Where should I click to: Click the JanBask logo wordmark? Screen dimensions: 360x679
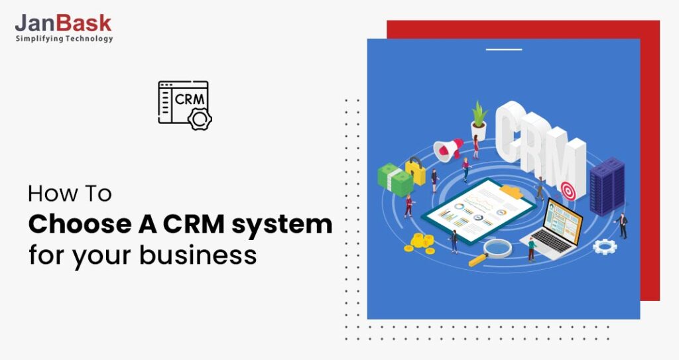coord(64,23)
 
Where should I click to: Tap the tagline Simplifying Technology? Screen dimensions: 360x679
coord(64,39)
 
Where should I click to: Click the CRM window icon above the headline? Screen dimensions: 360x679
coord(184,103)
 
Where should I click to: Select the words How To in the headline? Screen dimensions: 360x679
coord(70,194)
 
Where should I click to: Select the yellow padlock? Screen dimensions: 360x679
coord(416,171)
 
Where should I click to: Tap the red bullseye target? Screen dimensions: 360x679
coord(567,192)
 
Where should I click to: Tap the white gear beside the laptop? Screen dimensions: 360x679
coord(604,247)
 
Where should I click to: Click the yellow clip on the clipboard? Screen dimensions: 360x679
coord(511,191)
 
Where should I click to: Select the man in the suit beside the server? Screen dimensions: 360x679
coord(621,225)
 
